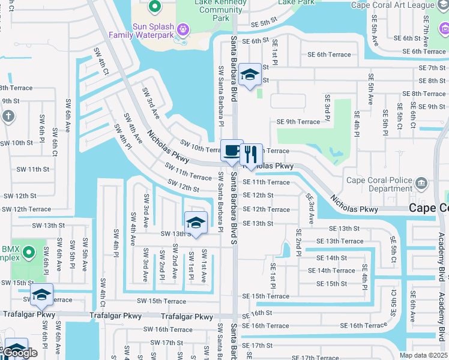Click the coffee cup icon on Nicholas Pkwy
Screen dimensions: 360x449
[x=232, y=151]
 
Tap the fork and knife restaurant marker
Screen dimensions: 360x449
[x=251, y=154]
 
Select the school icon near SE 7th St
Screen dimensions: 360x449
[x=250, y=74]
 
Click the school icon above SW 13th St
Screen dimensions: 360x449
[x=196, y=223]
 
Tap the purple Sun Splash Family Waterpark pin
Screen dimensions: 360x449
[x=183, y=29]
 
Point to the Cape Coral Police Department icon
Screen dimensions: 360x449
[x=421, y=182]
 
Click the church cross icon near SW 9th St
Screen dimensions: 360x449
[x=8, y=116]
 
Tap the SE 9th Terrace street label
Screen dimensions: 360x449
[x=298, y=122]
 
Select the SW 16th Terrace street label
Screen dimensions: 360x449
[x=168, y=329]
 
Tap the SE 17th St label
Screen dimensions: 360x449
[x=256, y=346]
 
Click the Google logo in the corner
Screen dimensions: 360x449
[x=20, y=353]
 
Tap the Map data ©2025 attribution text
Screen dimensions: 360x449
[x=423, y=355]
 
